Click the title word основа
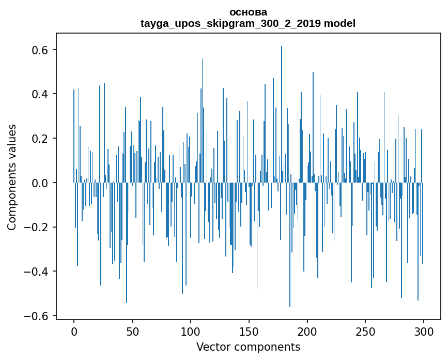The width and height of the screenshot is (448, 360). [248, 12]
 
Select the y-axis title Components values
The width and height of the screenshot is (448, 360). [12, 177]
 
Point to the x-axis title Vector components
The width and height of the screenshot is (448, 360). [248, 347]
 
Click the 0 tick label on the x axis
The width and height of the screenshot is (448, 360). [74, 331]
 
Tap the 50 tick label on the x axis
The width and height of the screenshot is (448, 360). [132, 331]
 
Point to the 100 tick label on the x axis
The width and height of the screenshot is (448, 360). [191, 331]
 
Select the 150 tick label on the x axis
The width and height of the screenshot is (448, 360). [249, 331]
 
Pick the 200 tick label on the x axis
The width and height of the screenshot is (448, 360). [307, 331]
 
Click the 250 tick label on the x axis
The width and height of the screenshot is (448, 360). [365, 331]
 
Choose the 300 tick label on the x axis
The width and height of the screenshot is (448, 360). [424, 331]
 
